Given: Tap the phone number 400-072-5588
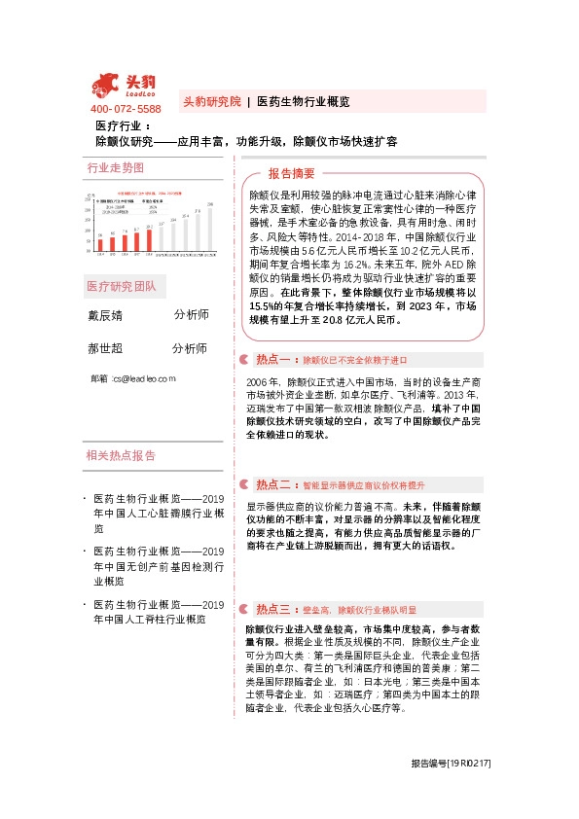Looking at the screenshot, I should [126, 109].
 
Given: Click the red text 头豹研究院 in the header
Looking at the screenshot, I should [211, 101].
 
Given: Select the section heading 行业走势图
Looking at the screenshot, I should [115, 167].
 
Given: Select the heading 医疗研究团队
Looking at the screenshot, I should [127, 287].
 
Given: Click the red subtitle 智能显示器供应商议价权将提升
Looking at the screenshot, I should [364, 484].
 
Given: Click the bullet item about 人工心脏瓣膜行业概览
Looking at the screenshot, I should [159, 513].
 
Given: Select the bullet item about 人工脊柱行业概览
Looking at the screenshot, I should [159, 611].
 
